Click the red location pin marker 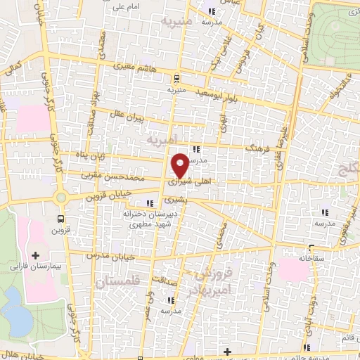180,165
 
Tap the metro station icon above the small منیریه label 176,79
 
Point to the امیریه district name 164,141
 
